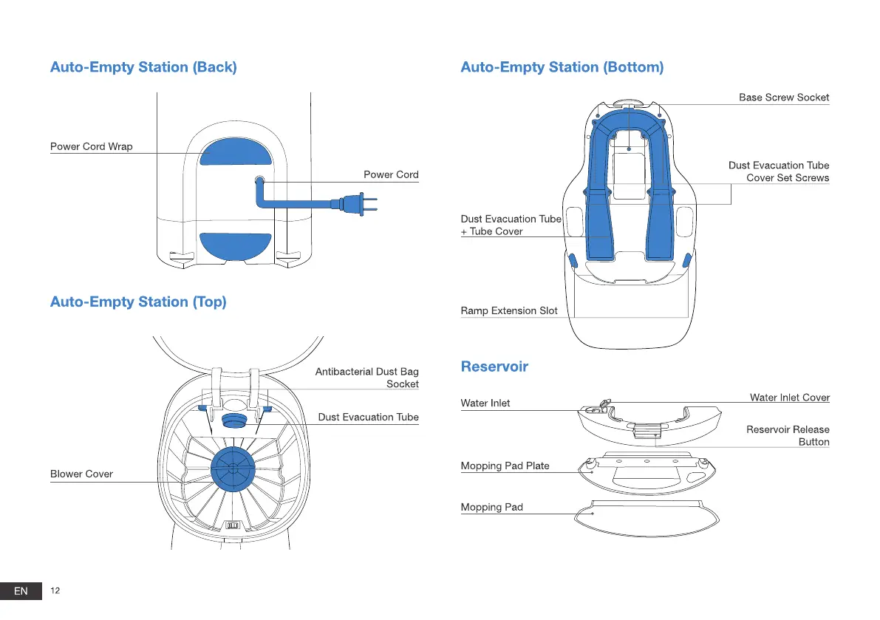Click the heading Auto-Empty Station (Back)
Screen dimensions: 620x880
143,67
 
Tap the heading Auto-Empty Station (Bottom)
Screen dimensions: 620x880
562,67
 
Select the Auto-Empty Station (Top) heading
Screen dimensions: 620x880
138,302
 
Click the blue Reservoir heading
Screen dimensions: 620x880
494,367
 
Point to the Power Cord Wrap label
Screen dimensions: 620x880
92,146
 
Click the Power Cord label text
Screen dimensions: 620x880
391,174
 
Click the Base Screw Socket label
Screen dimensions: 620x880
784,98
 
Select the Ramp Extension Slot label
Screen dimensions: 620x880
509,310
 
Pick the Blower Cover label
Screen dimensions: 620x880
81,474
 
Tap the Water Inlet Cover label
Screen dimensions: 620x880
789,398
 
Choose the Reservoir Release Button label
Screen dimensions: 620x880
788,435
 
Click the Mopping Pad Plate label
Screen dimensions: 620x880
505,466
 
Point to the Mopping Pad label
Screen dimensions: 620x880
491,507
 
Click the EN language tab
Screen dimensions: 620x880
21,590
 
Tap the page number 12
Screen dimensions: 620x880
55,590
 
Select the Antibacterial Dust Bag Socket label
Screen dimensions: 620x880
366,378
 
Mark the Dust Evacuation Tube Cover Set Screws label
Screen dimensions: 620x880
779,171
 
